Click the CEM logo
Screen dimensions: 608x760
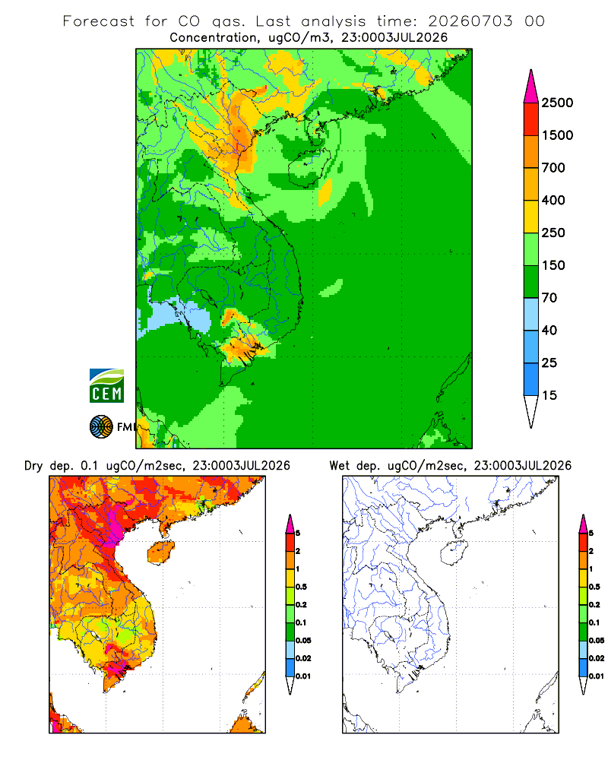point(106,386)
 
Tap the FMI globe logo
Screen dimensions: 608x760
point(101,427)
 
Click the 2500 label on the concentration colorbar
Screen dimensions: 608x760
point(557,103)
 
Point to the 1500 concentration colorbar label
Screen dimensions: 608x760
point(557,135)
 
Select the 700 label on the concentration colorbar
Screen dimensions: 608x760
point(553,168)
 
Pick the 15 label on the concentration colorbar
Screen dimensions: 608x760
point(549,395)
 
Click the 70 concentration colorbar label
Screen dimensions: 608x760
point(549,298)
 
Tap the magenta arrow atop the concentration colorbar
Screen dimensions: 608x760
point(531,87)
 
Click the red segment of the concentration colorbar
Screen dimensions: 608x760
point(531,119)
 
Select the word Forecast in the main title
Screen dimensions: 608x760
point(99,21)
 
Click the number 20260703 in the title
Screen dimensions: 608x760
point(470,21)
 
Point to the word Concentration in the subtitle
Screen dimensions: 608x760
point(214,38)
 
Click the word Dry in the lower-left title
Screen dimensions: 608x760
point(33,466)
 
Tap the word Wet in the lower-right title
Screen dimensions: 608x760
point(338,466)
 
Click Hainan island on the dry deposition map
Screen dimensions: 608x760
point(161,553)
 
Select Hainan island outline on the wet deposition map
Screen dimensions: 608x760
point(454,553)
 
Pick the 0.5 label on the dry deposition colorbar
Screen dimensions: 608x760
point(301,587)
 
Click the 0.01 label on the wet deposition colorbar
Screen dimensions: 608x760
point(597,676)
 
